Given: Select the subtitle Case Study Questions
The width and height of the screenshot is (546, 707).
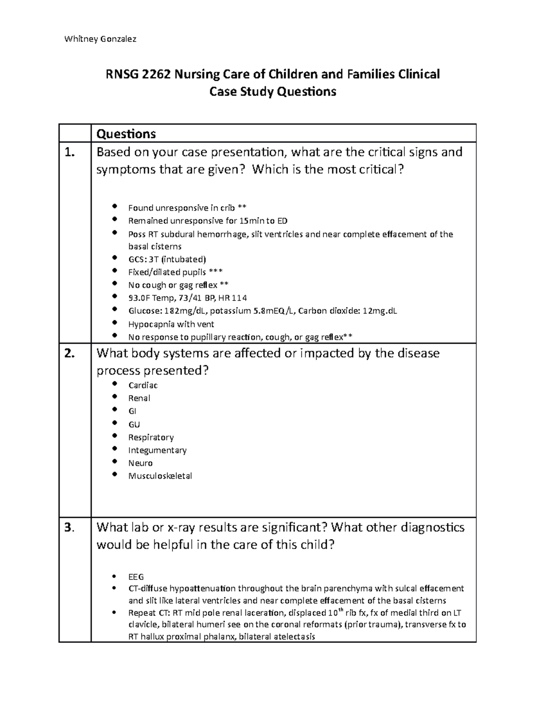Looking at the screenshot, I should [x=272, y=92].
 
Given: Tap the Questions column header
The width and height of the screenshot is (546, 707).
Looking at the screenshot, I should [x=126, y=134].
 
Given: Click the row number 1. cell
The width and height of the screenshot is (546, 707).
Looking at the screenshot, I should [x=69, y=153].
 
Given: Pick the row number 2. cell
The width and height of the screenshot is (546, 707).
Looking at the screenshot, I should [x=69, y=354].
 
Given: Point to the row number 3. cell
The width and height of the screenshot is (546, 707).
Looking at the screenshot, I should [x=69, y=528].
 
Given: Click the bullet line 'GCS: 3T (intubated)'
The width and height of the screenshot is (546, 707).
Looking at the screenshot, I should [x=167, y=259].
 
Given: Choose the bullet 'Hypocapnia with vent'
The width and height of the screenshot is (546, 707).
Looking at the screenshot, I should [x=171, y=324].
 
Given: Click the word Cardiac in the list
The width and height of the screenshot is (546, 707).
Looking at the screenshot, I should [x=143, y=386].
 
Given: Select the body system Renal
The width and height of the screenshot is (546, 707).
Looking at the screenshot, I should [x=139, y=398].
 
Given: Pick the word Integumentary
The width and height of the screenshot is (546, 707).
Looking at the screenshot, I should [x=157, y=450].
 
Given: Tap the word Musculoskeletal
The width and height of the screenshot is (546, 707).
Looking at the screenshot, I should [x=160, y=476].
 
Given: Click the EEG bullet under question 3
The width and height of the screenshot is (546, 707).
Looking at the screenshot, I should [x=136, y=576].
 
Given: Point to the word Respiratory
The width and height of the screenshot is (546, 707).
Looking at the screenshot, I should [x=151, y=437].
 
